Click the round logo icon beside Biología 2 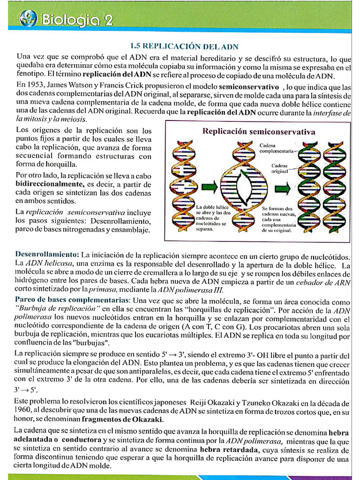tap(28, 19)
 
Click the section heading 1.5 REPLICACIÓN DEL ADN tap(184, 46)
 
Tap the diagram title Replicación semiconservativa tap(259, 132)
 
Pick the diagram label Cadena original tap(280, 169)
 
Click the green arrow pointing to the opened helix tap(209, 187)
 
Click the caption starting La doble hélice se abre tap(214, 218)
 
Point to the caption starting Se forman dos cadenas tap(277, 219)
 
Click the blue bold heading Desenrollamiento tap(47, 255)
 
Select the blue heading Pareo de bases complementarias tap(72, 300)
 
